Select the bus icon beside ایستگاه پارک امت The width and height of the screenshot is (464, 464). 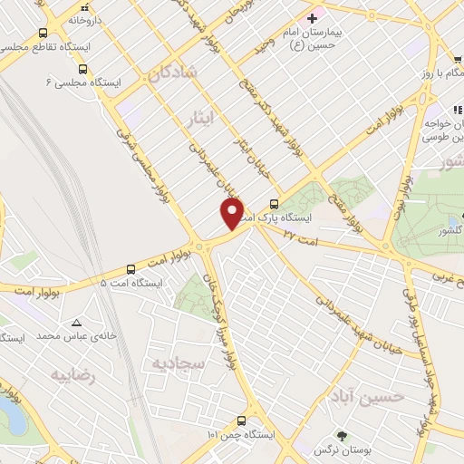pos(274,204)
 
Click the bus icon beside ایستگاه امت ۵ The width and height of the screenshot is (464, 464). pos(131,268)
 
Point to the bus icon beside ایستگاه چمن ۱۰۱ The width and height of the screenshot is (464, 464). pos(241,420)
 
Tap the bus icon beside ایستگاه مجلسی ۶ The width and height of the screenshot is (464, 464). pos(82,68)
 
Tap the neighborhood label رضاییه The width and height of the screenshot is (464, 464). pos(72,374)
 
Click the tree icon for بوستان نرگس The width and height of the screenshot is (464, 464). pos(341,436)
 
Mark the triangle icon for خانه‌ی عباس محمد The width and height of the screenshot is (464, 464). pos(77,322)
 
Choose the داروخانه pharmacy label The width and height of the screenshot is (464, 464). pos(99,18)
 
